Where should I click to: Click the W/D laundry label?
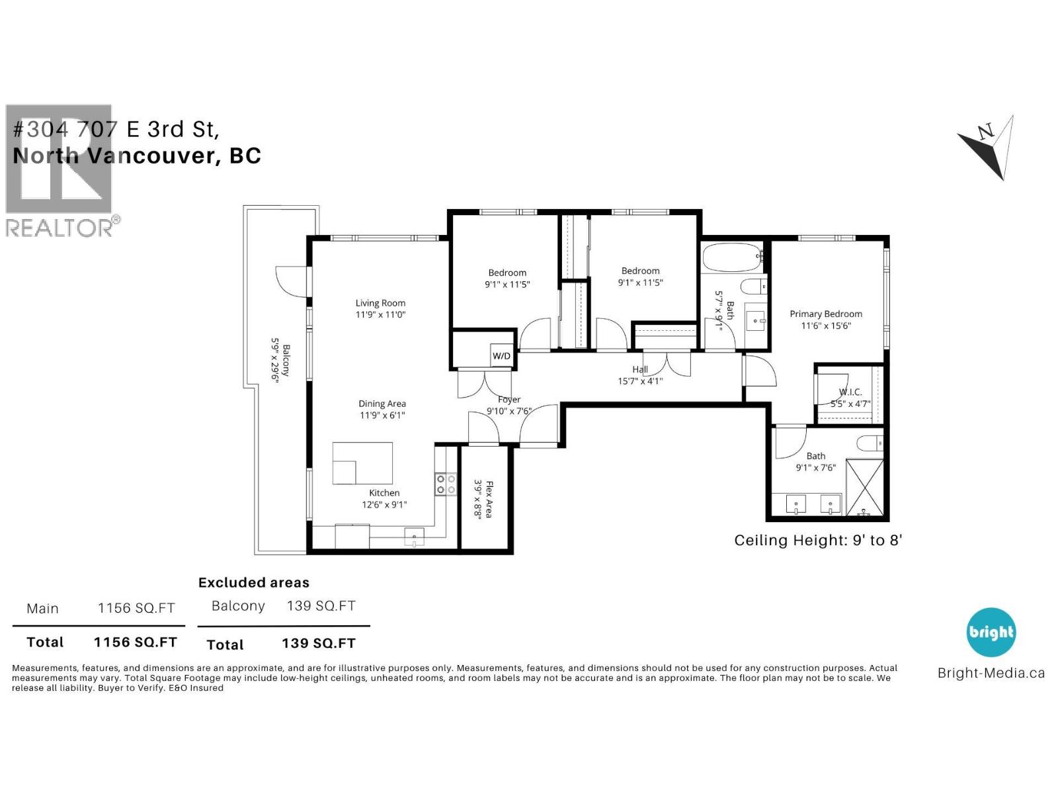coord(501,356)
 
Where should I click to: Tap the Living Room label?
coord(380,304)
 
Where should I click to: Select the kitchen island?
coord(362,463)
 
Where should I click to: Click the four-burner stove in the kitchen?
coord(446,484)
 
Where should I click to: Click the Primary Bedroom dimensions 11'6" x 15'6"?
coord(826,326)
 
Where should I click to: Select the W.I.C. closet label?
coord(850,392)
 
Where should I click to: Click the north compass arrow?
coord(989,147)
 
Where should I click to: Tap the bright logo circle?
coord(991,632)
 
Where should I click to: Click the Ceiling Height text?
coord(818,540)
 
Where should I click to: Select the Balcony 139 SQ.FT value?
coord(321,605)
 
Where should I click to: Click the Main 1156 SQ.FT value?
coord(136,608)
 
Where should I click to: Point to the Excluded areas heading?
coord(254,582)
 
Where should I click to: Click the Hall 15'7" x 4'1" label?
coord(640,375)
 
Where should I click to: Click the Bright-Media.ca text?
coord(991,673)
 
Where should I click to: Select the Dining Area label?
coord(382,404)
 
